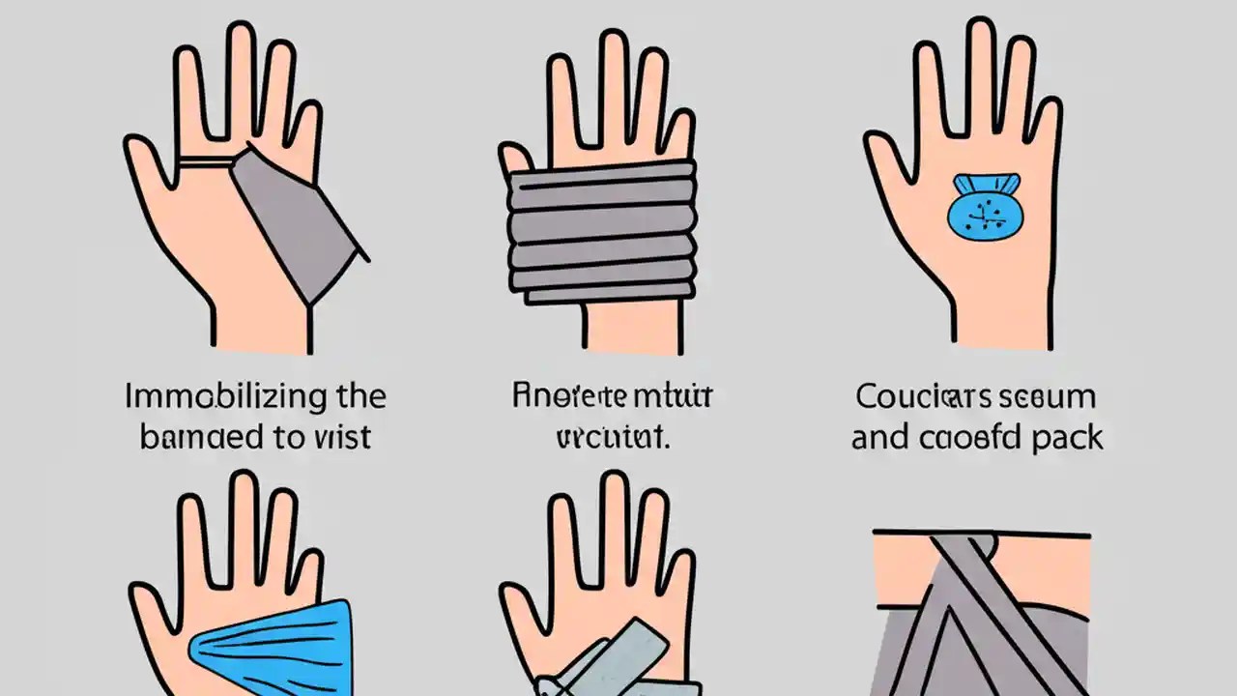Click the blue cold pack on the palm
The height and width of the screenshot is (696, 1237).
[x=985, y=207]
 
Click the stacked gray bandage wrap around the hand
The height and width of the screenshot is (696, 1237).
[x=602, y=229]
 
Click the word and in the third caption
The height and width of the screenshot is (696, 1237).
[x=880, y=437]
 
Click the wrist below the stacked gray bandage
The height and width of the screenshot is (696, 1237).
[x=634, y=324]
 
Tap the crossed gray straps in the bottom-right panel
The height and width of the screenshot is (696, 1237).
[x=976, y=619]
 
